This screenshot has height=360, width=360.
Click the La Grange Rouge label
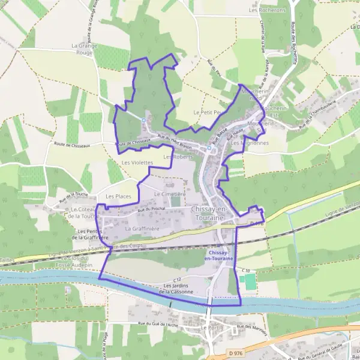[83, 49]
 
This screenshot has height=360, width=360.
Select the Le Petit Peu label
[208, 112]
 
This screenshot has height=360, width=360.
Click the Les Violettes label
[137, 163]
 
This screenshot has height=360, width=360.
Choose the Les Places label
[118, 196]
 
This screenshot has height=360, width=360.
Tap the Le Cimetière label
[170, 194]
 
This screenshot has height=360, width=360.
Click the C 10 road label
[246, 271]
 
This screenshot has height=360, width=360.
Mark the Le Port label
[211, 328]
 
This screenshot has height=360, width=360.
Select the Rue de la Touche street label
[74, 196]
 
